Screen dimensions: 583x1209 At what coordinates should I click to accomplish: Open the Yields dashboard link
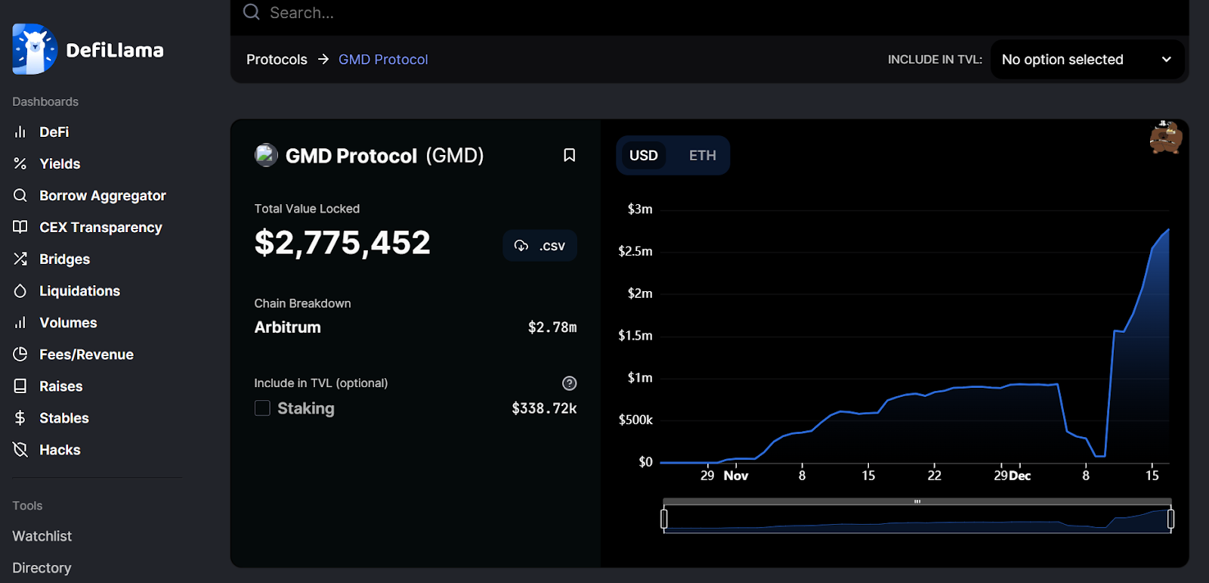point(60,164)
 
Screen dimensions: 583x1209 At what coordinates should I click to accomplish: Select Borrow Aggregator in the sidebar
point(102,196)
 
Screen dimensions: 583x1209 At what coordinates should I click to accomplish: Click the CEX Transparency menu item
point(100,228)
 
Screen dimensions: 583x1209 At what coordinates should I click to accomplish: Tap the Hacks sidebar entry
point(60,450)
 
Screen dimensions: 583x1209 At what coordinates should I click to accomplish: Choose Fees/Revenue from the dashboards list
point(86,355)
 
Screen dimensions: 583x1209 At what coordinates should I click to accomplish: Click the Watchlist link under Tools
point(42,536)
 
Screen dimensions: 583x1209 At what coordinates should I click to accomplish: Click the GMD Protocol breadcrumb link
point(383,60)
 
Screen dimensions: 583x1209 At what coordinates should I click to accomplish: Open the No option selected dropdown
point(1086,60)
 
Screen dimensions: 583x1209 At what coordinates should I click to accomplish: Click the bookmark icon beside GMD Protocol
point(570,155)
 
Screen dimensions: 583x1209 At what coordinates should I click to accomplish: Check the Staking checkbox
point(262,408)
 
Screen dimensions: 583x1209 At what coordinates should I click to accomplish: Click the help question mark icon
point(570,383)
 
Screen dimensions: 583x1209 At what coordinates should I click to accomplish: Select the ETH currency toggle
point(702,156)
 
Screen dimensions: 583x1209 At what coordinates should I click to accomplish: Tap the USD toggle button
point(644,156)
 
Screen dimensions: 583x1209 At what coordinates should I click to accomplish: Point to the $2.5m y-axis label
point(635,251)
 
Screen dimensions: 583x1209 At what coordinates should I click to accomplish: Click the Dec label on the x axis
point(1020,476)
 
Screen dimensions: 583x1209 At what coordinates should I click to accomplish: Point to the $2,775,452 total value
point(342,243)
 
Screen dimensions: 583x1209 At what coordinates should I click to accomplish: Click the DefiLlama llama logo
point(34,50)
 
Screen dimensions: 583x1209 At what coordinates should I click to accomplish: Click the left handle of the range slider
point(664,519)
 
